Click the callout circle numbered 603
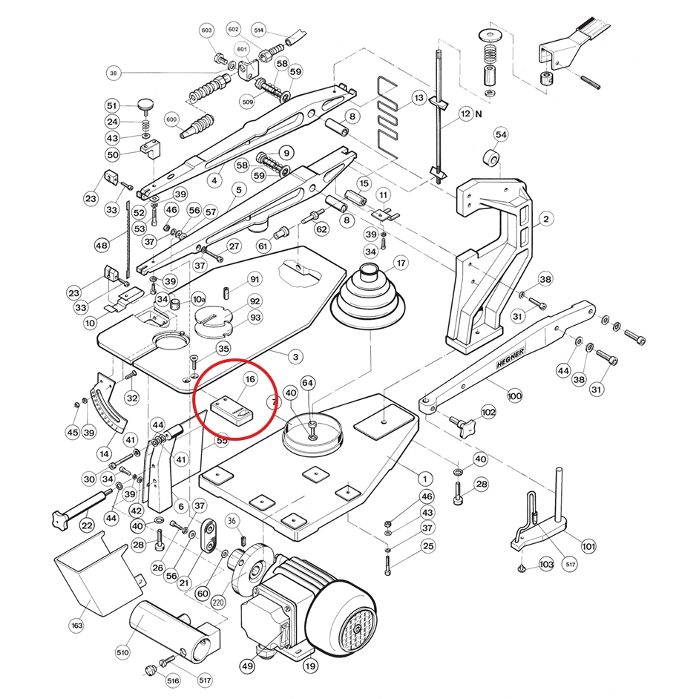[x=206, y=30]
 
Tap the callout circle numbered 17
[x=401, y=263]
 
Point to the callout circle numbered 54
[x=501, y=134]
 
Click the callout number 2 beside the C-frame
[x=545, y=219]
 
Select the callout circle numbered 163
[x=77, y=626]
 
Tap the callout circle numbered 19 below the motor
[x=310, y=666]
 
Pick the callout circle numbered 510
[x=122, y=653]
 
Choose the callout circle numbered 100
[x=514, y=396]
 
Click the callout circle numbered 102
[x=488, y=412]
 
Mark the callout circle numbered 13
[x=419, y=98]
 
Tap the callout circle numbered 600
[x=171, y=119]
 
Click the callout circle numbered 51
[x=112, y=105]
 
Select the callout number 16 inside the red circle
[x=250, y=379]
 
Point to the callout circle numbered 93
[x=255, y=318]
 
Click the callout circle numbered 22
[x=87, y=525]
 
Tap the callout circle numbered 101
[x=588, y=548]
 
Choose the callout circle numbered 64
[x=307, y=383]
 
